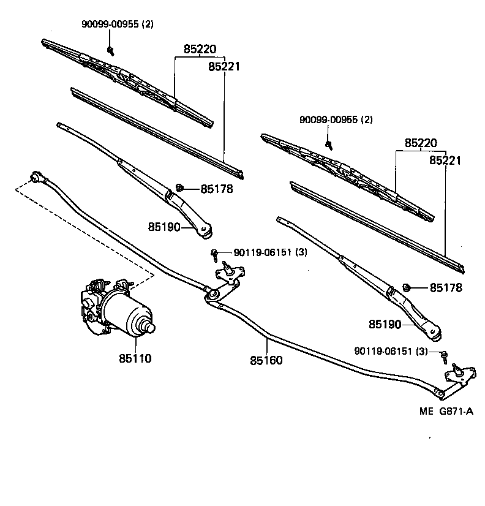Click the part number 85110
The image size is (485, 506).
(x=135, y=358)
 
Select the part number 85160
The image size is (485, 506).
(x=266, y=360)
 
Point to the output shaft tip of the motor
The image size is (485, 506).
(x=149, y=327)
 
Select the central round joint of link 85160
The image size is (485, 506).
(x=212, y=295)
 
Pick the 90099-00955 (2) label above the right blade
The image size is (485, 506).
(x=336, y=119)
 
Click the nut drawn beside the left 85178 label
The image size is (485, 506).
(x=179, y=187)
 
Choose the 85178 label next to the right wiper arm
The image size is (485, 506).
(x=445, y=287)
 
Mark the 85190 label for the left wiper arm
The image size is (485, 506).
(x=164, y=227)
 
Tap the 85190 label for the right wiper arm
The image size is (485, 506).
(x=385, y=323)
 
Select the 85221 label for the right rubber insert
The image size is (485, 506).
(x=445, y=160)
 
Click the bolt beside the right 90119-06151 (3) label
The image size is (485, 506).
(x=445, y=354)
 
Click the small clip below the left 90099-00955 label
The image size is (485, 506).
(x=111, y=49)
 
